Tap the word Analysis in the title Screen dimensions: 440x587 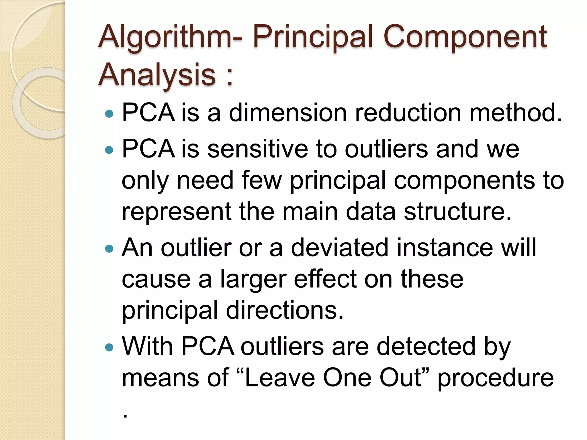point(157,75)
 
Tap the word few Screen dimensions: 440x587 point(262,180)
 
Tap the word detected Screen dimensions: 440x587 point(426,347)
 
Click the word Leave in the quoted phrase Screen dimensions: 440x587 point(280,378)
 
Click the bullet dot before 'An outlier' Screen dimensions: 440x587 point(109,248)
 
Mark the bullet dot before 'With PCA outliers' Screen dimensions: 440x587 point(109,347)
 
